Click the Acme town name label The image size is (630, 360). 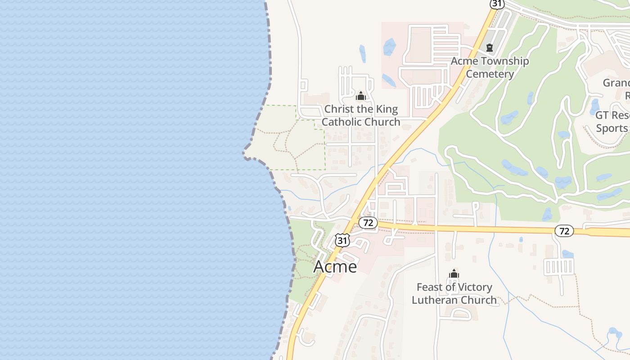click(335, 266)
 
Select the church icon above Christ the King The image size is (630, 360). click(360, 96)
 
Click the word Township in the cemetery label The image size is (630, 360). click(505, 61)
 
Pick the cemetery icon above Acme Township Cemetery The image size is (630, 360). click(490, 47)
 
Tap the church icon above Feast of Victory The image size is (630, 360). click(454, 274)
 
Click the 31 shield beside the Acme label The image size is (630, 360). click(342, 240)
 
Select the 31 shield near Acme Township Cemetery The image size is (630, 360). click(497, 3)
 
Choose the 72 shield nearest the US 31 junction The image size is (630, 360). click(368, 222)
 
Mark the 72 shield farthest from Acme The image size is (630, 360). click(564, 231)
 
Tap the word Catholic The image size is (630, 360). click(342, 122)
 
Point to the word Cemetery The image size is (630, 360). click(490, 74)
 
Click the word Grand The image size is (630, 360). click(616, 83)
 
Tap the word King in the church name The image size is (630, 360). click(387, 109)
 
